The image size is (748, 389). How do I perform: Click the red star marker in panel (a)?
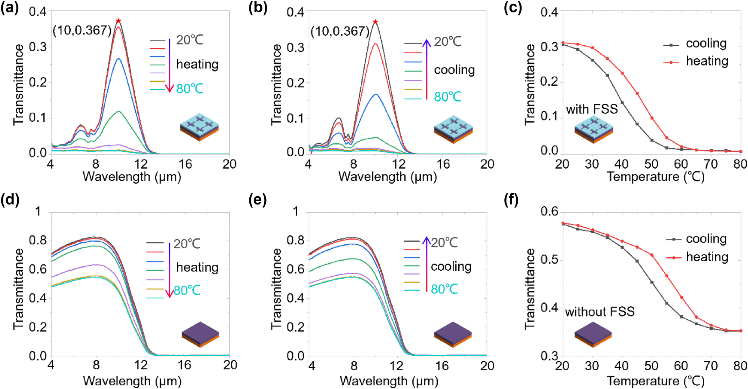(118, 21)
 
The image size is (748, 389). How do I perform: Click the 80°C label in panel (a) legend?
(190, 89)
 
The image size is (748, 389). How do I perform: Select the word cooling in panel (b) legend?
(454, 70)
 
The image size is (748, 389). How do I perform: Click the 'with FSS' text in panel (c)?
(592, 109)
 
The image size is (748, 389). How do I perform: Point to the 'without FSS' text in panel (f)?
(600, 311)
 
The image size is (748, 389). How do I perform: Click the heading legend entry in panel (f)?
(707, 257)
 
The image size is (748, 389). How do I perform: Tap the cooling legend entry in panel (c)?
(706, 43)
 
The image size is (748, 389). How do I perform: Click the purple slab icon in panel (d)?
(200, 334)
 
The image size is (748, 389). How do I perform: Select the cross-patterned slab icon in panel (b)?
(453, 130)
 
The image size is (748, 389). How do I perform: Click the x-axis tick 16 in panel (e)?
(442, 365)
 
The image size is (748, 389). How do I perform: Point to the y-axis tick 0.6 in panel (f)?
(549, 212)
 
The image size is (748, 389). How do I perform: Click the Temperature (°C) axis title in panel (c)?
(655, 176)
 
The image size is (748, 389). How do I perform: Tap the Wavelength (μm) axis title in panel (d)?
(132, 381)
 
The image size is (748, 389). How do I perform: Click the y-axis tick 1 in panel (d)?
(38, 212)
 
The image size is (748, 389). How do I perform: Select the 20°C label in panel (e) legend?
(444, 243)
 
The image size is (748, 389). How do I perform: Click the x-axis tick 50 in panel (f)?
(651, 365)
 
